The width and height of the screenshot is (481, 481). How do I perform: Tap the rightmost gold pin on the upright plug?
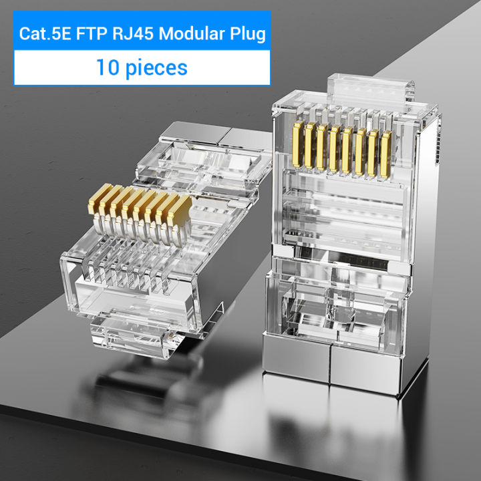coord(387,154)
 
